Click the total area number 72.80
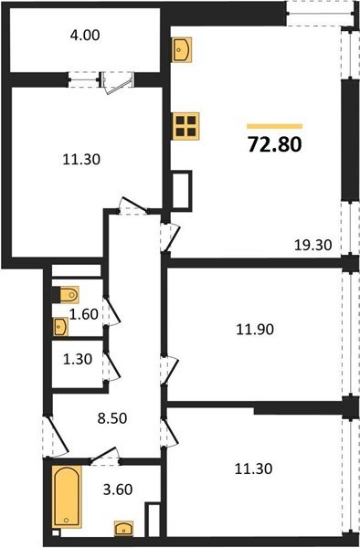coord(274,144)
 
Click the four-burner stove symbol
coord(186,126)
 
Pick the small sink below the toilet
coord(61,324)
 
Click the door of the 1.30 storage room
coord(108,363)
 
